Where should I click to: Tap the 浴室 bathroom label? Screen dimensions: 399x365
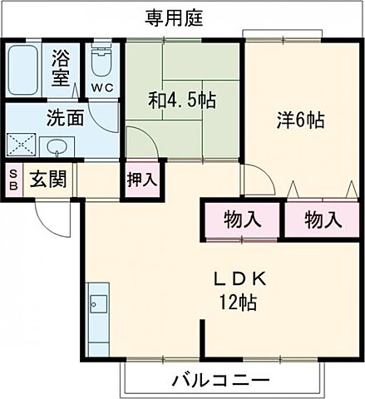pyautogui.click(x=61, y=67)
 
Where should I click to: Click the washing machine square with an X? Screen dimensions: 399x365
pyautogui.click(x=22, y=145)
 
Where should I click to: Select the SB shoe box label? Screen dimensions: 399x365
pyautogui.click(x=12, y=180)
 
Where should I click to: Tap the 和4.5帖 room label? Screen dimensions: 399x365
pyautogui.click(x=182, y=101)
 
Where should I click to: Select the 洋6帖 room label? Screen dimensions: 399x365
pyautogui.click(x=299, y=119)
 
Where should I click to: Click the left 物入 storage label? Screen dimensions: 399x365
pyautogui.click(x=243, y=220)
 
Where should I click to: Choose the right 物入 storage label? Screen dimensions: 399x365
pyautogui.click(x=323, y=220)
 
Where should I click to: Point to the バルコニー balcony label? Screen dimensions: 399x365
pyautogui.click(x=221, y=381)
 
